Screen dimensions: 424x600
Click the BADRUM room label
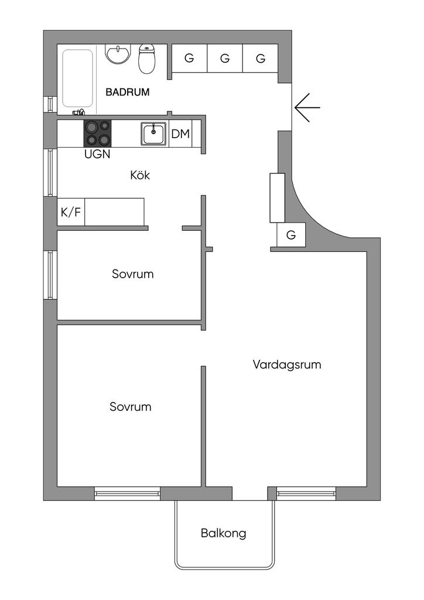127,92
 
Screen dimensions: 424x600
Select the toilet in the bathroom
147,59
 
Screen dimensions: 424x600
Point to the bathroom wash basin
118,54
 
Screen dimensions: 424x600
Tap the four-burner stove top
97,133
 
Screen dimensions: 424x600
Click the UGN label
97,155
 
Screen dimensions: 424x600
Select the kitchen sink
153,133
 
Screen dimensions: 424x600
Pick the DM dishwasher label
180,134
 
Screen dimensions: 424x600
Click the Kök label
140,175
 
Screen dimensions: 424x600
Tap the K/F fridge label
71,212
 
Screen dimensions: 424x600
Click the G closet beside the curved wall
291,236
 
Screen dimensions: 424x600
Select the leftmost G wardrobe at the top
189,59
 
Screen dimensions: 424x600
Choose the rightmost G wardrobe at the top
260,59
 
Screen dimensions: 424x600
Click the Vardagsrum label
287,364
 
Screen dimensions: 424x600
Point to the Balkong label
223,534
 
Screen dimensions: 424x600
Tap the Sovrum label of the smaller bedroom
132,274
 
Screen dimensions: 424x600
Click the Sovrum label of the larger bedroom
130,407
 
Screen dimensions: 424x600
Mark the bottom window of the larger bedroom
127,494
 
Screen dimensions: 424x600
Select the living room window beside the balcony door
306,494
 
